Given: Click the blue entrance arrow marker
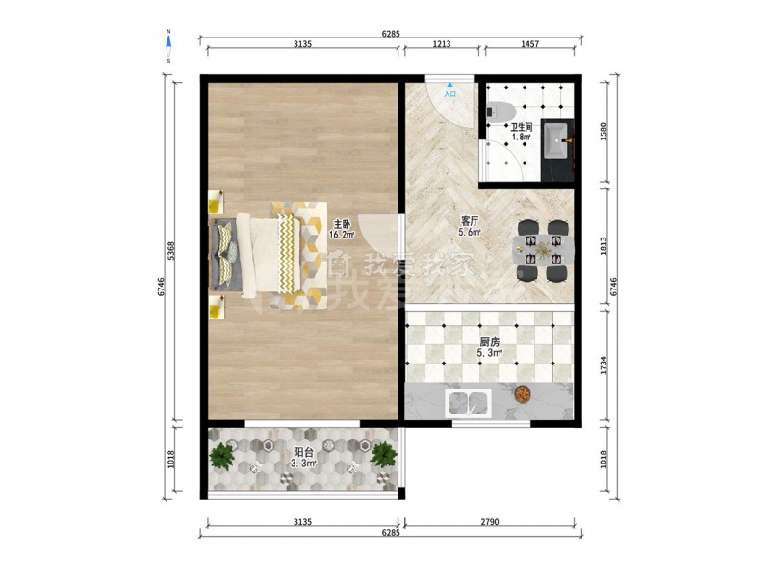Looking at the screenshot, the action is coord(449,85).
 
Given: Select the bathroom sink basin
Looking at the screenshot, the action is coord(556,140).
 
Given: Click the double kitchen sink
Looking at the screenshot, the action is coord(468,403).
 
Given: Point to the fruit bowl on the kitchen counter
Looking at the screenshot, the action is coord(522,393).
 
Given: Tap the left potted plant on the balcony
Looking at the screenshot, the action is coord(222,456).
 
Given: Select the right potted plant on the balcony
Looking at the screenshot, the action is coord(383,455).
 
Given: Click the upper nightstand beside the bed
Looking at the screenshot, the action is coord(216,202).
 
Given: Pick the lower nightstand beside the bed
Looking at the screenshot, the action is coord(216,307).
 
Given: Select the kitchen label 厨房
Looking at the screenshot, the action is coord(489,341).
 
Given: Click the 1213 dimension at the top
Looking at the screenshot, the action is coord(442,44).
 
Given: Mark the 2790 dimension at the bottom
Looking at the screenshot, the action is coord(489,522).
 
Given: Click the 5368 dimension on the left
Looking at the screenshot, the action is coord(171,251).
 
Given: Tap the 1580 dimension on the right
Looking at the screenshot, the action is coord(604,131).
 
